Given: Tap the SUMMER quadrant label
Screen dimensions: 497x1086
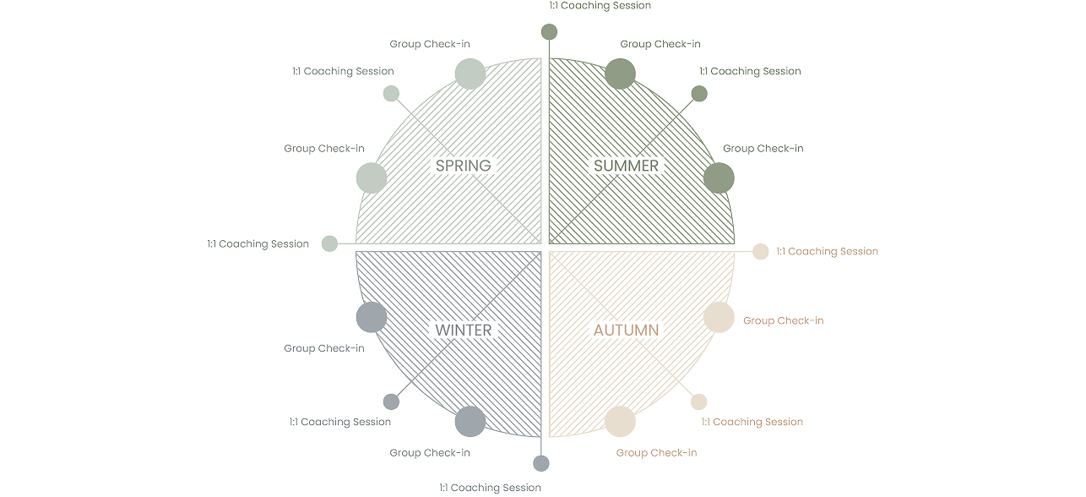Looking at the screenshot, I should tap(626, 166).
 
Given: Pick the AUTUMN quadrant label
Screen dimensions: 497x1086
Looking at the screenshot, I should tap(626, 330).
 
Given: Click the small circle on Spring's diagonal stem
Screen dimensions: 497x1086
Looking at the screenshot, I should tap(391, 94).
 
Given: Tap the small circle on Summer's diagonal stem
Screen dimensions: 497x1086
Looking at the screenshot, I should tap(700, 93).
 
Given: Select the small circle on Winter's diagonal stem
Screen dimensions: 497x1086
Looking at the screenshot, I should tap(391, 401).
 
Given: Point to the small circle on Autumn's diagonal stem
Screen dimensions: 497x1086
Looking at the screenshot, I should tap(699, 401).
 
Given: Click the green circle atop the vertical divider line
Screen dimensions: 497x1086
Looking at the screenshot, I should tap(550, 32).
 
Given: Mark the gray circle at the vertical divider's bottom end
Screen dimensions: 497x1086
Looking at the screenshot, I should tap(541, 462).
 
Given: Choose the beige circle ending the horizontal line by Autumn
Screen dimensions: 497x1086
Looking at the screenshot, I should tap(761, 251).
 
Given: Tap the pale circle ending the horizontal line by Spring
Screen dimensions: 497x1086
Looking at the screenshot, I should tap(330, 243).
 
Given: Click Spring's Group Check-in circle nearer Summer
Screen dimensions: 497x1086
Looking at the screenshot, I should tap(470, 73).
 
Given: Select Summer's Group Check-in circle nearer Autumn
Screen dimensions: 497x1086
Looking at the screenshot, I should tap(719, 177).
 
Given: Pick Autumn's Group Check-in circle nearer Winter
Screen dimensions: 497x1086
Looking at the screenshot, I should tap(620, 422).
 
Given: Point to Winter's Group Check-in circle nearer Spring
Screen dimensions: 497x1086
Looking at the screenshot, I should tap(371, 317).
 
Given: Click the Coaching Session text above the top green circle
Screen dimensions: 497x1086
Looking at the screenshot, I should tap(600, 5).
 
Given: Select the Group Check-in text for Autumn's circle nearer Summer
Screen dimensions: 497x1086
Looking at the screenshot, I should tap(783, 320).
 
